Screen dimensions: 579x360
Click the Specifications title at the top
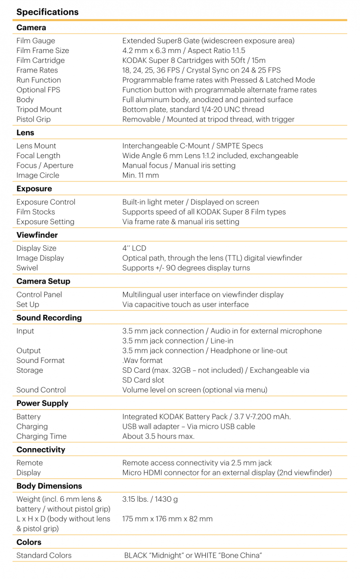pos(47,12)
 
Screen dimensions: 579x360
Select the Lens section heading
pos(25,132)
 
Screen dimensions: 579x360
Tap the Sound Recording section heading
pos(49,318)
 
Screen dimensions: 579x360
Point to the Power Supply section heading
pos(42,403)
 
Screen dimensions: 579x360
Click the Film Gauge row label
pos(36,41)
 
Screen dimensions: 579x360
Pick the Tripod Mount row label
pos(39,109)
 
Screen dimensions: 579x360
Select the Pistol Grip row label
pos(33,119)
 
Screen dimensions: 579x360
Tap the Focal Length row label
pos(38,156)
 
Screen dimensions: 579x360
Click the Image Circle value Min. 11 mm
pos(141,175)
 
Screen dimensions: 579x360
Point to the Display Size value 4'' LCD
pos(134,248)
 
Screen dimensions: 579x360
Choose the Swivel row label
pos(27,268)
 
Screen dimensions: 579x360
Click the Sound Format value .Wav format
pos(143,361)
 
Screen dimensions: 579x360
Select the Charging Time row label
pos(41,436)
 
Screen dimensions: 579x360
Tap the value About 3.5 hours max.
pos(158,436)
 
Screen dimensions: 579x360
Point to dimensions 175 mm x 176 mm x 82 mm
pos(167,519)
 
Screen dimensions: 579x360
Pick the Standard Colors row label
pos(44,555)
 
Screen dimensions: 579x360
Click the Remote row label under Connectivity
pos(30,463)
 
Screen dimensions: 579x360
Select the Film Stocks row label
pos(36,212)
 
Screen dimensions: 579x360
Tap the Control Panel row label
pos(39,294)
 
